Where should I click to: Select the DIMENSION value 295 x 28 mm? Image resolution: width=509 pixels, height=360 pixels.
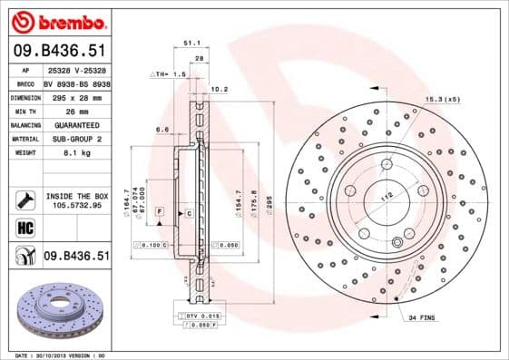click(75, 95)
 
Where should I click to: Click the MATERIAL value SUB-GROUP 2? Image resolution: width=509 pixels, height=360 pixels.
click(75, 139)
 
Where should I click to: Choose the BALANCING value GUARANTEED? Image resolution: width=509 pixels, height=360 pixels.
click(75, 124)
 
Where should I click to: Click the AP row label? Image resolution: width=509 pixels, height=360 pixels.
click(25, 69)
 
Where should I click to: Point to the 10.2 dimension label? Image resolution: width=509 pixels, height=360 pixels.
click(219, 90)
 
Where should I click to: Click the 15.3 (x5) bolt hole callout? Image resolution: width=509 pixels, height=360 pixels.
click(442, 99)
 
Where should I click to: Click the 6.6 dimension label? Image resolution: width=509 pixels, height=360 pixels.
click(163, 130)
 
